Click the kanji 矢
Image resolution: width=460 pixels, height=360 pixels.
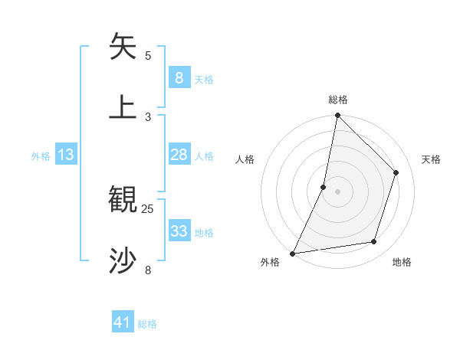click(x=123, y=47)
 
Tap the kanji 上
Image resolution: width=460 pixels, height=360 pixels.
click(x=123, y=107)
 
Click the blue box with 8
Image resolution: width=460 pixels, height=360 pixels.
click(x=179, y=78)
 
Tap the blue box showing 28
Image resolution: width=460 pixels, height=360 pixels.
click(x=179, y=155)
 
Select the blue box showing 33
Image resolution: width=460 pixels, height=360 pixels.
click(x=179, y=231)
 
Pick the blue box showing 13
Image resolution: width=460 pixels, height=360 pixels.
click(x=66, y=155)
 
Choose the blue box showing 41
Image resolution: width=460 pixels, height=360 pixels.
click(x=123, y=322)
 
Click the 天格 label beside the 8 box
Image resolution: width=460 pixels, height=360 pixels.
click(x=204, y=80)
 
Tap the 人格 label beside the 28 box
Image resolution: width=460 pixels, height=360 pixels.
click(x=204, y=156)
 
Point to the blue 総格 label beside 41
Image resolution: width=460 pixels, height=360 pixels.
click(x=147, y=324)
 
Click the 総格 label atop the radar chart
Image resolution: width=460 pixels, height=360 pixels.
click(x=338, y=100)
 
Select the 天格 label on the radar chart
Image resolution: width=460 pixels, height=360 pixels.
click(x=431, y=159)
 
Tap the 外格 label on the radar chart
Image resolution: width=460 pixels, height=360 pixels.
click(x=270, y=263)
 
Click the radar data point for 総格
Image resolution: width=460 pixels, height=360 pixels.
click(x=337, y=116)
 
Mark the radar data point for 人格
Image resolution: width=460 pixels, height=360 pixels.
click(x=324, y=186)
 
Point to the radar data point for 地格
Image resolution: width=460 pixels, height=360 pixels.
click(x=374, y=242)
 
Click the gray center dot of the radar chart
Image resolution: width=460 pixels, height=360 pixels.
click(x=337, y=191)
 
